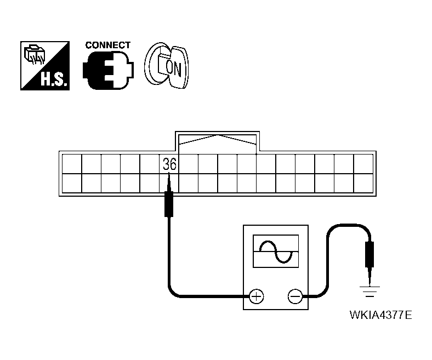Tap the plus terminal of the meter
256,297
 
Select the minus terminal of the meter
294,297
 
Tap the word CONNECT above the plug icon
108,45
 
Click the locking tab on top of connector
218,141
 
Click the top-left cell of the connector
71,163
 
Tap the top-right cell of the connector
363,163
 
